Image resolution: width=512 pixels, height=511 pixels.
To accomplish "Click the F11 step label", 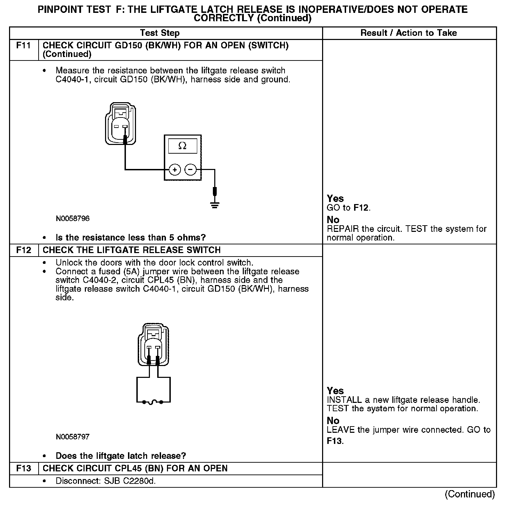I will tap(23, 46).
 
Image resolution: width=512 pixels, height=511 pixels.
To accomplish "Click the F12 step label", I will tap(23, 250).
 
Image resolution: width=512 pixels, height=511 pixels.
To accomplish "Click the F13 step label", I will tap(23, 469).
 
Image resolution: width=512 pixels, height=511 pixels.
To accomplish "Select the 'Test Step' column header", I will tap(160, 33).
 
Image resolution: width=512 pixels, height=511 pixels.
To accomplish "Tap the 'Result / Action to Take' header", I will tap(409, 33).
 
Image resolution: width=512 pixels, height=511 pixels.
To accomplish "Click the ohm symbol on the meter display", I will tap(182, 146).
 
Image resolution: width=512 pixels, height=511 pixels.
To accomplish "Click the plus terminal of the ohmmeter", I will tap(175, 170).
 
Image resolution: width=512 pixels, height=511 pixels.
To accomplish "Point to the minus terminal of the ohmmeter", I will tap(190, 170).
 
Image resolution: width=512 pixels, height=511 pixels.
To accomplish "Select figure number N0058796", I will tap(72, 219).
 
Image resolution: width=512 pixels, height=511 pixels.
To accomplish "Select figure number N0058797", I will tap(72, 437).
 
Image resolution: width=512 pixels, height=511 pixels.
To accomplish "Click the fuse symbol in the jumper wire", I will tap(153, 403).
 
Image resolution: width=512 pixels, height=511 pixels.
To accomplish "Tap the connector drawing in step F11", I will tap(120, 124).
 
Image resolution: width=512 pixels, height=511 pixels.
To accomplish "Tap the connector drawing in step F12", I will tap(154, 345).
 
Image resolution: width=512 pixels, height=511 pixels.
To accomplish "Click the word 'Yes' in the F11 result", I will tap(335, 198).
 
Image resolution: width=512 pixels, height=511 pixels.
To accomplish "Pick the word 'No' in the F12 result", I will tap(333, 421).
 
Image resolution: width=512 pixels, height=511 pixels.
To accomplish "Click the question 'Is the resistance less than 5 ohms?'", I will tap(130, 238).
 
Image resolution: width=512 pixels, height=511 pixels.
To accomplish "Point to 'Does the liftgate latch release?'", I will tap(121, 456).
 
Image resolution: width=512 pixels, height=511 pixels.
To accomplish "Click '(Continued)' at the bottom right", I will tap(470, 494).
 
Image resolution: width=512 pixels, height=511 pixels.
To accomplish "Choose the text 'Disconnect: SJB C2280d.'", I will tap(105, 481).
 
